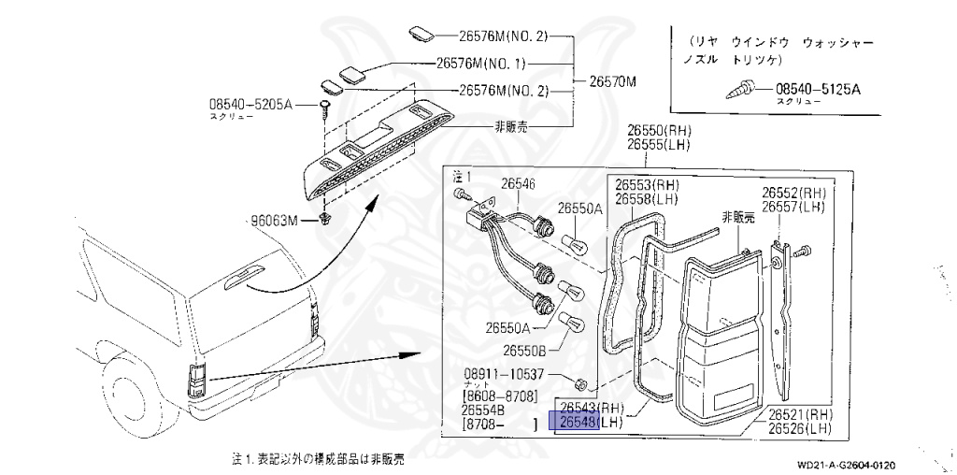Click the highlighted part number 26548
coord(578,423)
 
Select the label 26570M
coord(612,81)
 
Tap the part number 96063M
coord(272,221)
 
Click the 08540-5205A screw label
coord(250,105)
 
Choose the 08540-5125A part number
coord(818,90)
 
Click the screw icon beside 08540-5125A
coord(742,91)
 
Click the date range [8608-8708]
coord(501,396)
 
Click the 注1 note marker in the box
coord(461,176)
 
